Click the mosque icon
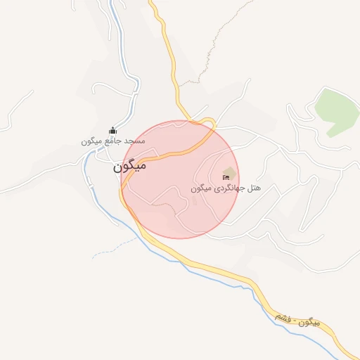pos(112,130)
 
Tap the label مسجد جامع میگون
pos(112,141)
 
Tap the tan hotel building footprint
pos(228,173)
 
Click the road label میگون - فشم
pos(300,323)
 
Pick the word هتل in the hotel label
pos(254,189)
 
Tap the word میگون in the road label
pos(309,323)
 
